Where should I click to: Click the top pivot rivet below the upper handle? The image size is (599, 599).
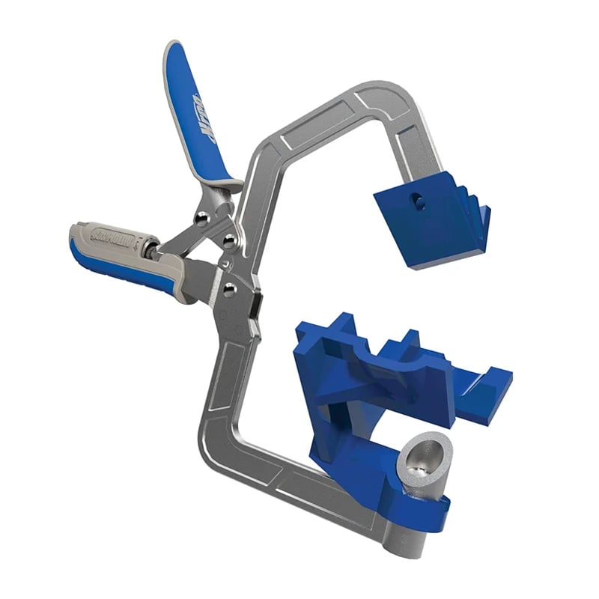201,217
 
